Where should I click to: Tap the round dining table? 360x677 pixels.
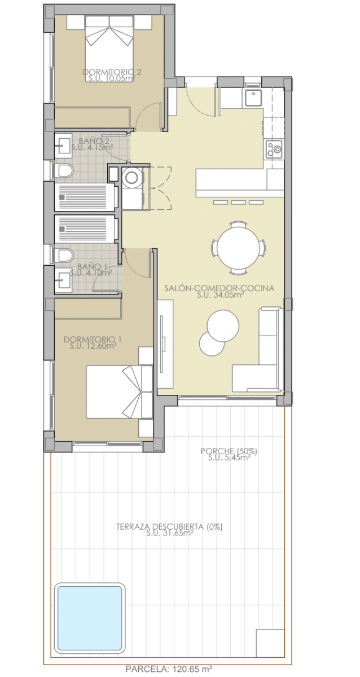(238, 248)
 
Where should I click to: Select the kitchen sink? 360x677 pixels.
(253, 97)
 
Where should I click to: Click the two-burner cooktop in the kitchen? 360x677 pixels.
(274, 150)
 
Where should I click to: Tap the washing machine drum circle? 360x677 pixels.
(132, 178)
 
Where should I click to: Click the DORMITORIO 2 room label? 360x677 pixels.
(112, 72)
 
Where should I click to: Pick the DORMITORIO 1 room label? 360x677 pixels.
(93, 340)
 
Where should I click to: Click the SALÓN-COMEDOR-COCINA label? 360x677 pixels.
(219, 288)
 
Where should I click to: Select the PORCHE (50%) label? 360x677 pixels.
(229, 451)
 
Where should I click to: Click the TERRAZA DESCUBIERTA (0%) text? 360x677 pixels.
(169, 527)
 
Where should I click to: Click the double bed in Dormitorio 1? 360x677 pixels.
(120, 392)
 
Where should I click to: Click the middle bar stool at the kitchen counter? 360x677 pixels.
(239, 202)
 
